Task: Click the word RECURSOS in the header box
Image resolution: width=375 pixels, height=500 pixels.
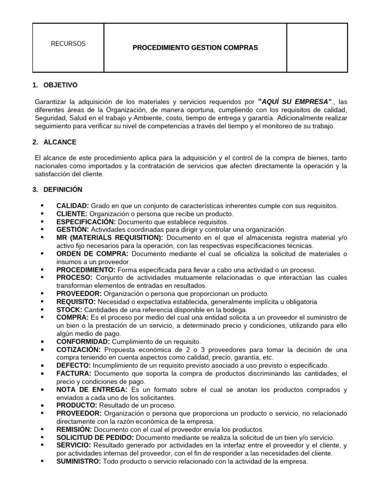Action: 68,43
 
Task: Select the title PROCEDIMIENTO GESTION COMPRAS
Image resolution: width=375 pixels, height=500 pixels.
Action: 195,48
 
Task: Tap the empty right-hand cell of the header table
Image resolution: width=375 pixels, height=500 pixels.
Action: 317,48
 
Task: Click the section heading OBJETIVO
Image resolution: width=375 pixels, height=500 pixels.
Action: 61,85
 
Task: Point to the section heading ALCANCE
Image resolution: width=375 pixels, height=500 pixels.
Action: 59,142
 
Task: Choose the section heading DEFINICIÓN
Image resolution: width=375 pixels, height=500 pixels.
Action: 63,189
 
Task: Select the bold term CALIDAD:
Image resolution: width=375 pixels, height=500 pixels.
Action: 72,206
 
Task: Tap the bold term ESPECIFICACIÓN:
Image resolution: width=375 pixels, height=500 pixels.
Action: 86,222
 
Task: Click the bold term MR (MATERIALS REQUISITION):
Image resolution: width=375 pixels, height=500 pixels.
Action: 109,237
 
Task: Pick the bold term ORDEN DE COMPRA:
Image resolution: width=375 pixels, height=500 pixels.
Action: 92,253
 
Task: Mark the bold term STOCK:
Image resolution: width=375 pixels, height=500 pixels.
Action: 69,310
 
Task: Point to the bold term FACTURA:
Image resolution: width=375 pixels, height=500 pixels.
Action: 74,374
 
